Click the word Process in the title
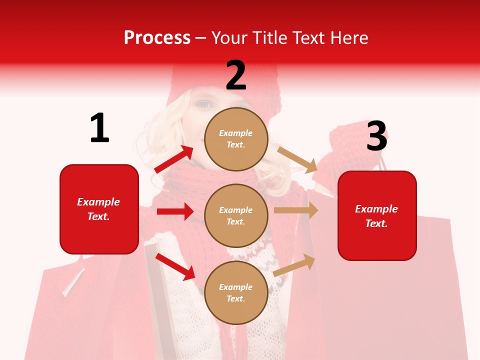(x=157, y=38)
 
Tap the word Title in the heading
(x=268, y=38)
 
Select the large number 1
(x=99, y=128)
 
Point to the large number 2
(x=236, y=75)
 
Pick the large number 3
(x=376, y=136)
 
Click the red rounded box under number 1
(x=99, y=209)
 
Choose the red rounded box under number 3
(x=377, y=215)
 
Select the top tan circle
(x=236, y=139)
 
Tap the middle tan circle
(x=236, y=215)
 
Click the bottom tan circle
(x=236, y=292)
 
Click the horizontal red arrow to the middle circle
(x=175, y=211)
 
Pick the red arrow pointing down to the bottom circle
(x=175, y=266)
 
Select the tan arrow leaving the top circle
(x=297, y=159)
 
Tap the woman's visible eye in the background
(x=202, y=104)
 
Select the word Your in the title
(x=229, y=38)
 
